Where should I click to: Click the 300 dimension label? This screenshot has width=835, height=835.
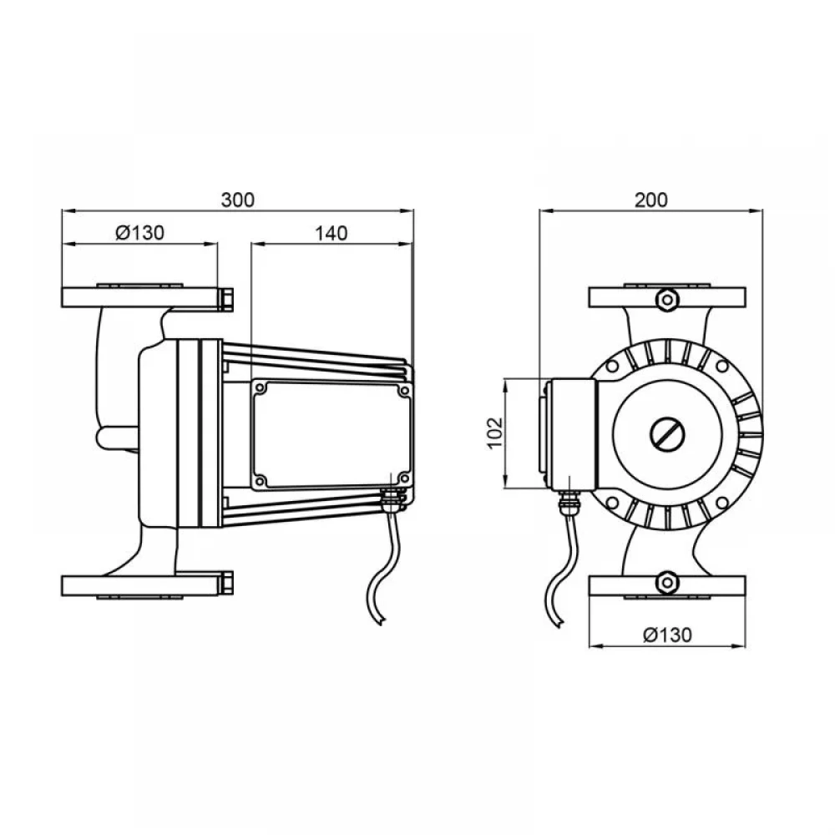click(237, 200)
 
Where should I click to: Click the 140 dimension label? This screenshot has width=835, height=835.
click(331, 233)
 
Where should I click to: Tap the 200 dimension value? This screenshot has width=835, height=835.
click(650, 200)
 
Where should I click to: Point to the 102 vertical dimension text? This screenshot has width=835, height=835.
click(495, 433)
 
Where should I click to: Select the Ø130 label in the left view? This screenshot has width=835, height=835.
click(140, 233)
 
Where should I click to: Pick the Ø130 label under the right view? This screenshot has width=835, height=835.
click(667, 635)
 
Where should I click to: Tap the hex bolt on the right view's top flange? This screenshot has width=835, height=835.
click(666, 300)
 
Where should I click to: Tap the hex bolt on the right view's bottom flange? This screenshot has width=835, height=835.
click(666, 583)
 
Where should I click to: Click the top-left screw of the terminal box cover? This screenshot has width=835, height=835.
click(261, 389)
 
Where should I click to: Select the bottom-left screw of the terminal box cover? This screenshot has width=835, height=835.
click(261, 480)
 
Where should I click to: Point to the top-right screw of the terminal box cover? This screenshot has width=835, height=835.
click(403, 391)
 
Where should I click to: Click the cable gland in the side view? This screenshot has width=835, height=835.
click(392, 500)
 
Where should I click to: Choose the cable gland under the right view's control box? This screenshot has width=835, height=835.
click(567, 503)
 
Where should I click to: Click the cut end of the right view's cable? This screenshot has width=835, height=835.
click(558, 624)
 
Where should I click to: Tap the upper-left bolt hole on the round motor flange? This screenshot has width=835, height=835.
click(612, 367)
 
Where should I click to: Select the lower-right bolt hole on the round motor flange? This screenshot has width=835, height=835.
click(722, 503)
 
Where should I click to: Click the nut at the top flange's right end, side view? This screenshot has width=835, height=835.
click(225, 299)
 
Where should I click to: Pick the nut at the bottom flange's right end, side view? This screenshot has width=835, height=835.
click(225, 584)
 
